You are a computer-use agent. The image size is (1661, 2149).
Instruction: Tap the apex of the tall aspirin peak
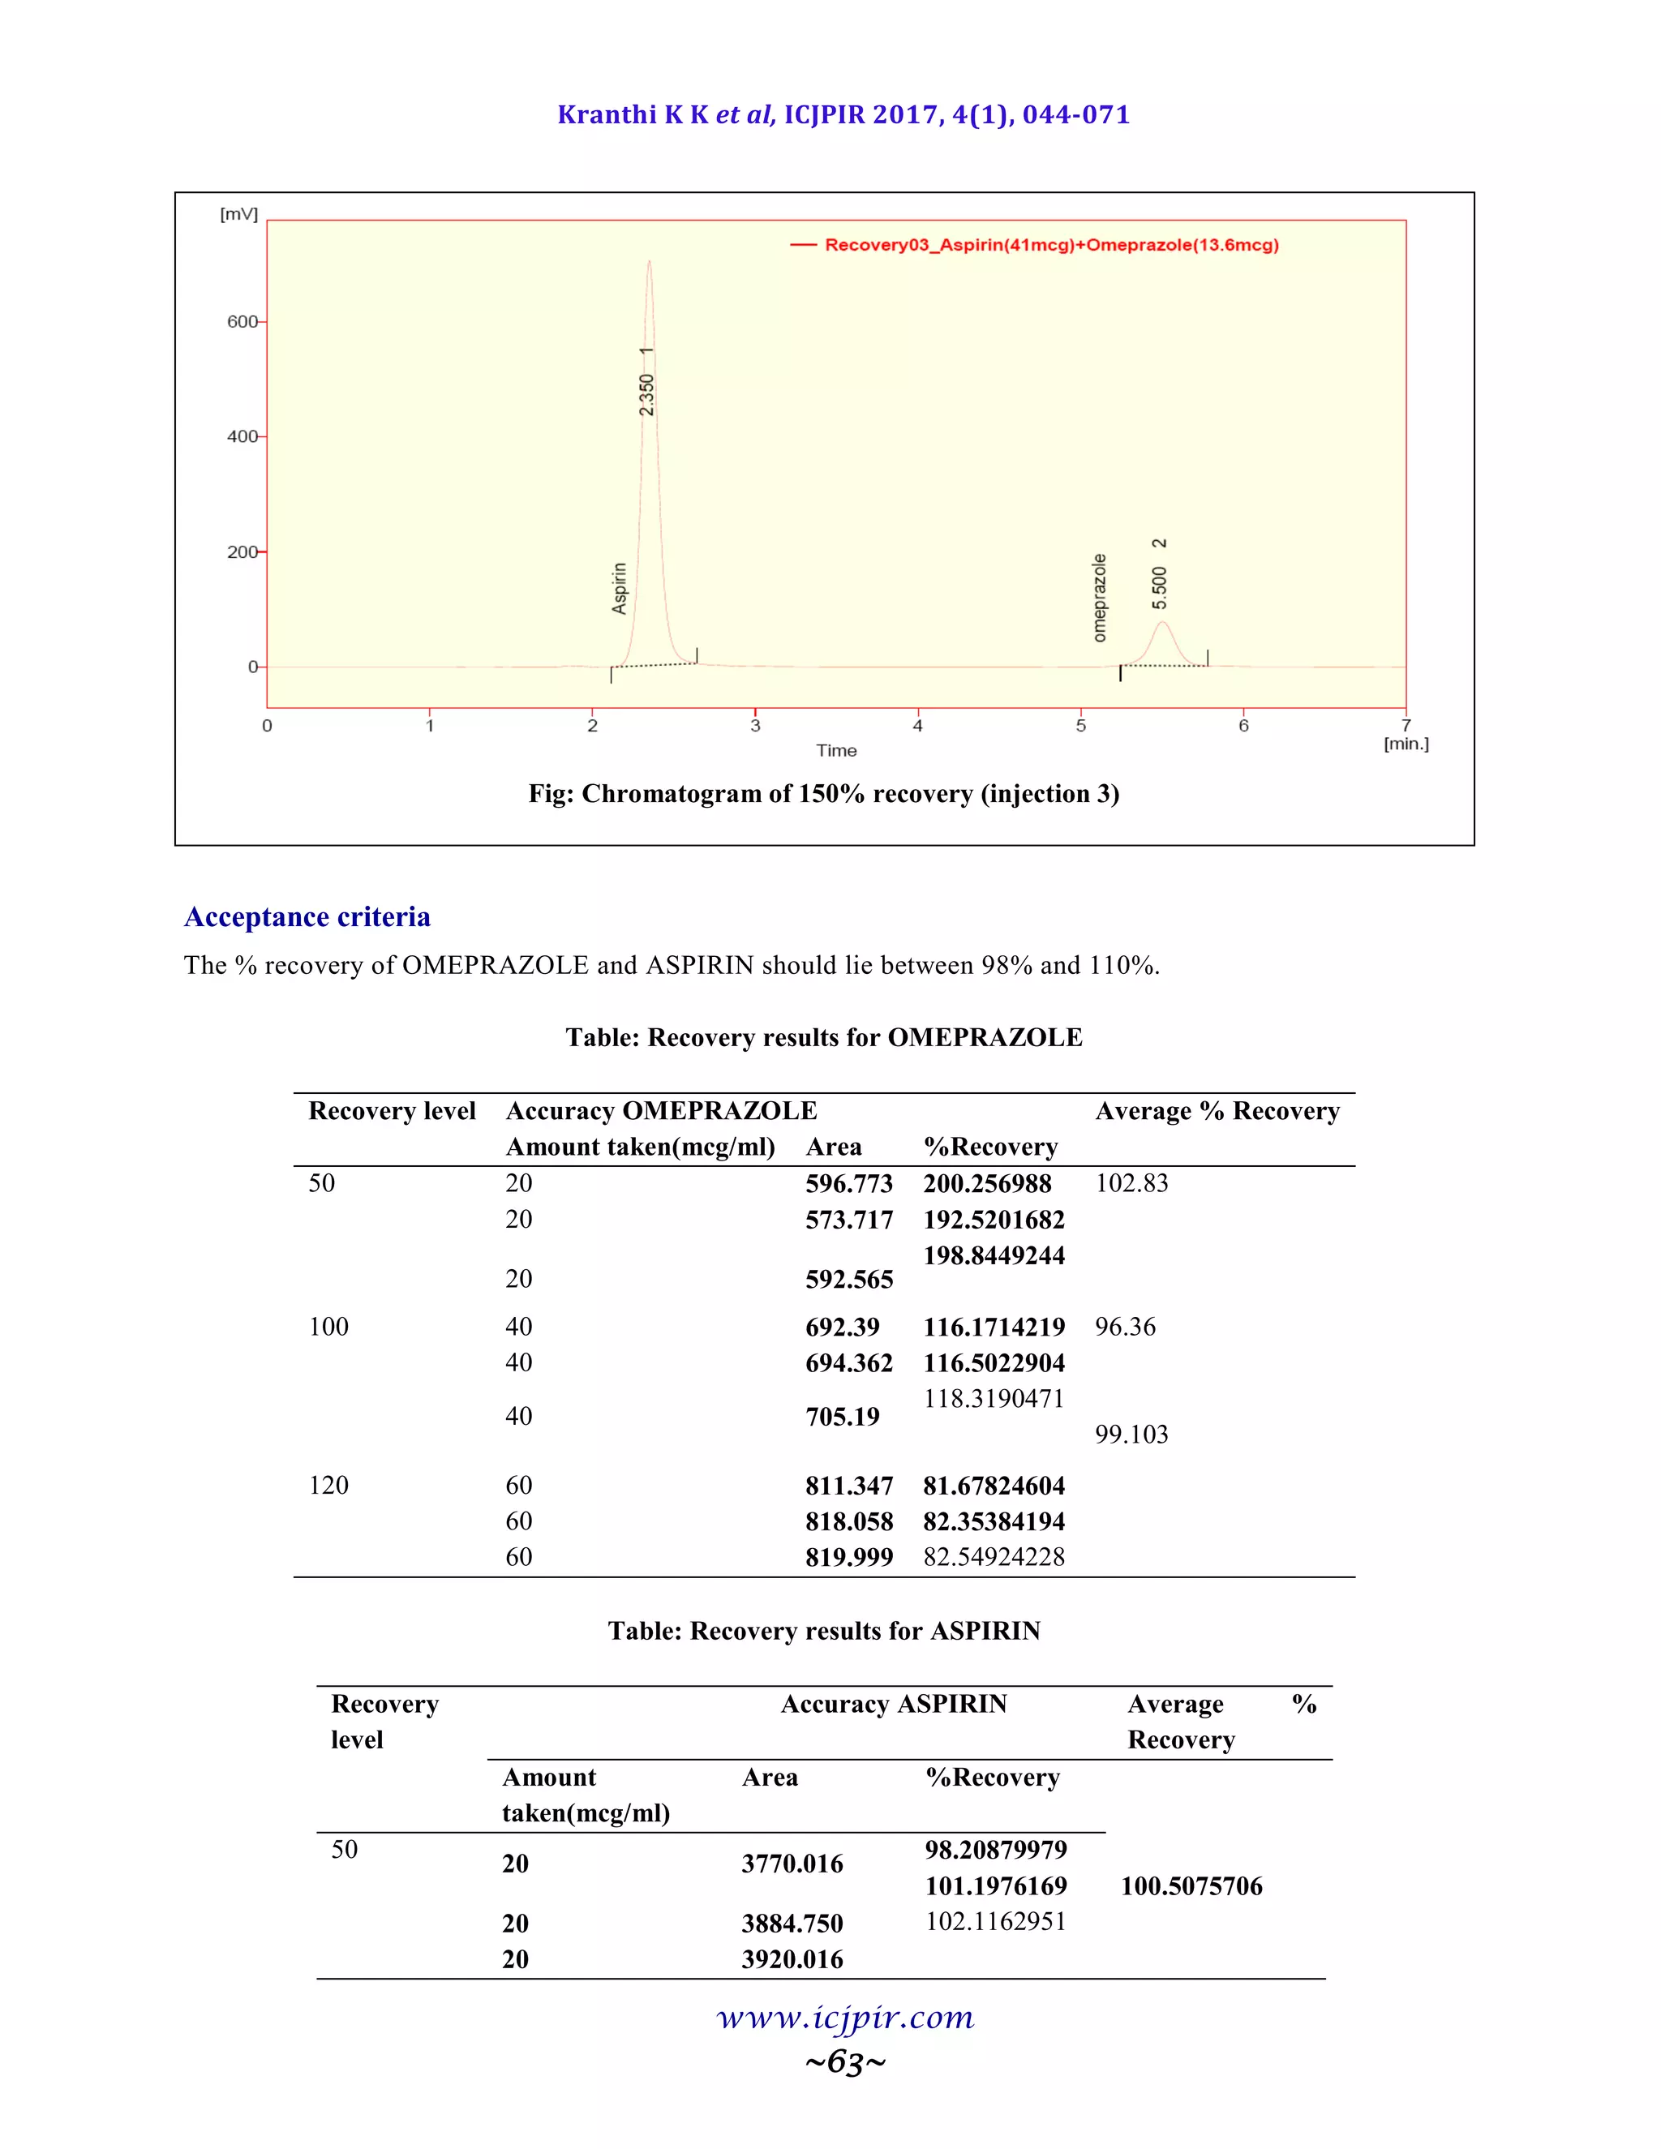tap(650, 263)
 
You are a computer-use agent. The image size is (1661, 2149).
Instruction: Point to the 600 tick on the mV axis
tap(243, 322)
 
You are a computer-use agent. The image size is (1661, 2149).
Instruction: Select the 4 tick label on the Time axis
tap(917, 726)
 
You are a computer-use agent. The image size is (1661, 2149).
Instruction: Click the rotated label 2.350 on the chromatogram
tap(646, 396)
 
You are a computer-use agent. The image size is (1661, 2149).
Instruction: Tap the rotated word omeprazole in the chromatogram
tap(1099, 598)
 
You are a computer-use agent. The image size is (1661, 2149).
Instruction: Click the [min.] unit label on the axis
tap(1406, 744)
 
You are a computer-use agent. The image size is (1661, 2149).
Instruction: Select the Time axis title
tap(836, 751)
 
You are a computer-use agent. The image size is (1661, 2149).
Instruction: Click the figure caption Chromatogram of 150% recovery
tap(824, 794)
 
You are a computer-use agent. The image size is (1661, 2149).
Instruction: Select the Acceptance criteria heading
tap(307, 917)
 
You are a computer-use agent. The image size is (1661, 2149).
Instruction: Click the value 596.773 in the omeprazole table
tap(848, 1184)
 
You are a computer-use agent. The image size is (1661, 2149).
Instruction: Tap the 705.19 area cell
tap(843, 1417)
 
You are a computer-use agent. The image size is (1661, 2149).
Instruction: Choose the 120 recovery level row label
tap(328, 1485)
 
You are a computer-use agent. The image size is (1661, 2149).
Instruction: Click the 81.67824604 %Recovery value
tap(994, 1486)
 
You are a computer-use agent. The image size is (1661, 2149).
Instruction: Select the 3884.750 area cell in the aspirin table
tap(792, 1924)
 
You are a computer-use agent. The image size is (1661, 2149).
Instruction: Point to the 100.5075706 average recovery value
tap(1191, 1886)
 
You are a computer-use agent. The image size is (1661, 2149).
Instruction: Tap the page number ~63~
tap(845, 2061)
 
